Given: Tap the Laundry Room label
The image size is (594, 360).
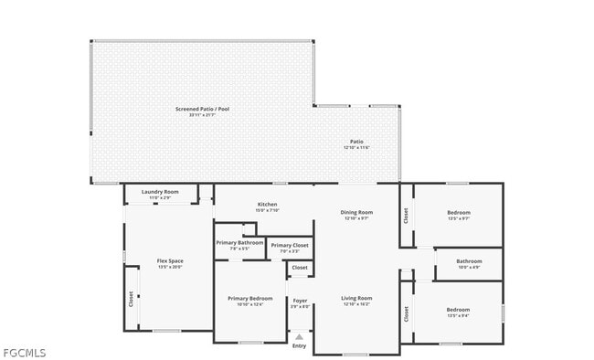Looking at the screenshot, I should (x=160, y=192).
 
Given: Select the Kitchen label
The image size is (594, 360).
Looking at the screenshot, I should (x=267, y=204).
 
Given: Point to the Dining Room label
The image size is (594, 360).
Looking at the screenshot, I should (x=356, y=212).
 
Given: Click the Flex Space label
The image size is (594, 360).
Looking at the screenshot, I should (x=170, y=261).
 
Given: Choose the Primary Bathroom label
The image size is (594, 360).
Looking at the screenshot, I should (x=239, y=242).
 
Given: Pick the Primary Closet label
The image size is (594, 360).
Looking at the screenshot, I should (x=290, y=245).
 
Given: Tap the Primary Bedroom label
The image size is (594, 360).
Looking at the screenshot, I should (x=249, y=298).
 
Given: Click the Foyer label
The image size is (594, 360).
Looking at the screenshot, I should (x=300, y=300).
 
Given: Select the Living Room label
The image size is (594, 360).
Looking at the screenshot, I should (x=356, y=298).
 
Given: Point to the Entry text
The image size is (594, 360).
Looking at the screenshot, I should (x=300, y=345).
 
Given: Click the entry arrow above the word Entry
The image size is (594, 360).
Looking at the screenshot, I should (x=300, y=336).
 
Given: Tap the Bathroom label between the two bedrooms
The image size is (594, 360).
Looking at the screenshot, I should (x=469, y=260).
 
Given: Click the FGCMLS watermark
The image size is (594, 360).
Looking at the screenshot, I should (x=24, y=353).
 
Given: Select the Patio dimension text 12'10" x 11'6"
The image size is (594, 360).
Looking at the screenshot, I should (x=356, y=147).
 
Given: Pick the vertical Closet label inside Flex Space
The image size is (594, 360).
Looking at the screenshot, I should (x=131, y=299).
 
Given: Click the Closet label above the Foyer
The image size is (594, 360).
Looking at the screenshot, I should (x=300, y=268).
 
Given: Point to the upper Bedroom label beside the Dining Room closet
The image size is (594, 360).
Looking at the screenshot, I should (x=458, y=212).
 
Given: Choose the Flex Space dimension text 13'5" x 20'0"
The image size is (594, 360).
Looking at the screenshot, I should (x=170, y=268).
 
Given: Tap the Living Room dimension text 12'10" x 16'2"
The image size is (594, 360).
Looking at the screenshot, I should (x=356, y=304).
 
